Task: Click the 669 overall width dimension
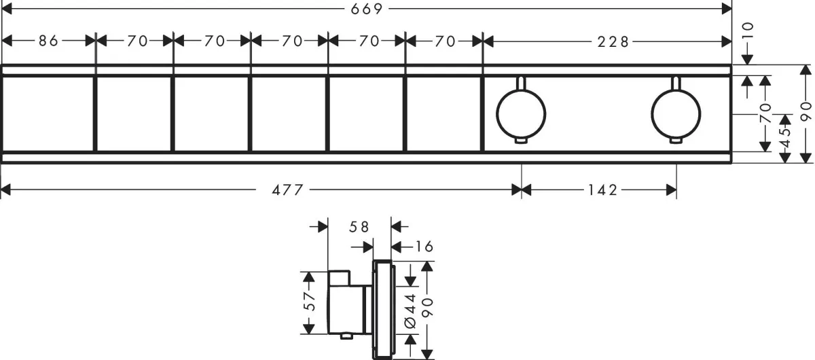coord(367,9)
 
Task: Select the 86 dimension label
coord(49,41)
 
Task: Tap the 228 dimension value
coord(613,42)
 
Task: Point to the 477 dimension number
coord(287,190)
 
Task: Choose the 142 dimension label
coord(603,190)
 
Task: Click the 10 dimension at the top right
coord(747,31)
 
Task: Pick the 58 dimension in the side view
coord(359,227)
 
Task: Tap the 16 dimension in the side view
coord(424,247)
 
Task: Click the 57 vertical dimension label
coord(309,301)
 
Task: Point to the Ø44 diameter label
coord(410,310)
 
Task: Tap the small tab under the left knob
coord(521,141)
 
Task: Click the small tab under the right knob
coord(676,141)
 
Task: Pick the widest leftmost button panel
coord(48,113)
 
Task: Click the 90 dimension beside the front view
coord(806,111)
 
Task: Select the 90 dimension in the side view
coord(427,308)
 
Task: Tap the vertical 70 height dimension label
coord(765,113)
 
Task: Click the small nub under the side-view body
coord(346,337)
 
